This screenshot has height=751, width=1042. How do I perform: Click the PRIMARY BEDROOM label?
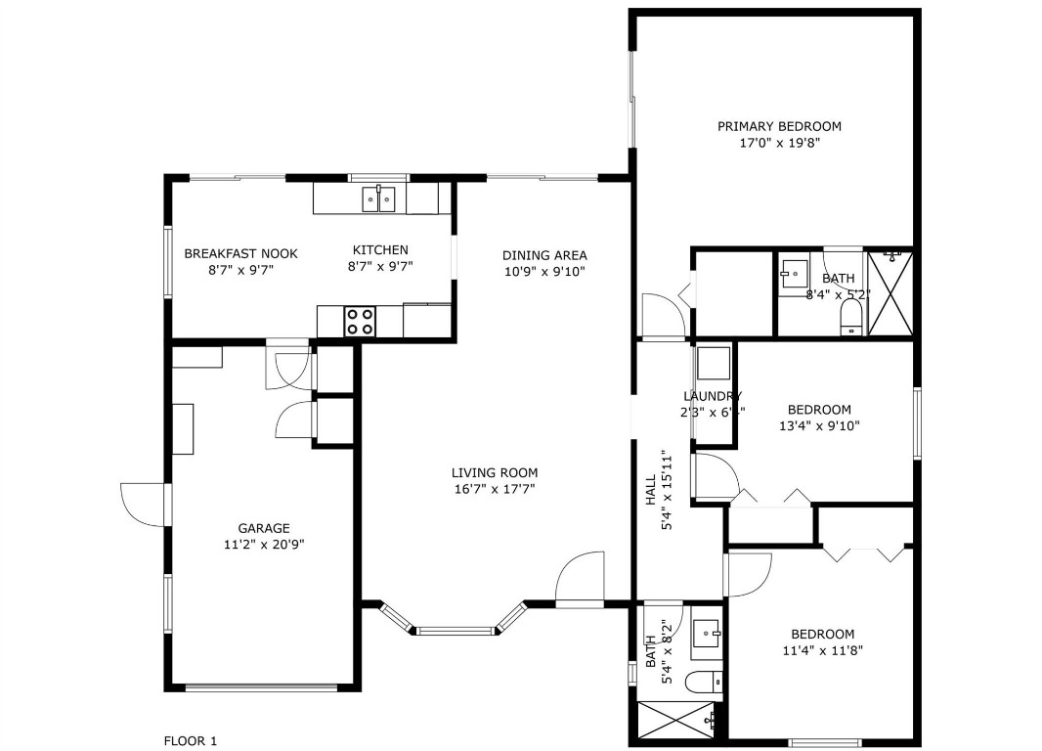[x=779, y=126]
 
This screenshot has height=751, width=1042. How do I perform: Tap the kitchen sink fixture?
[x=379, y=199]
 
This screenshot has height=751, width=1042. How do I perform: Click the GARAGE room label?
[x=264, y=528]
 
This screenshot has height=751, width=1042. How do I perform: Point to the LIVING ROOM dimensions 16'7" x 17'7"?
[x=495, y=489]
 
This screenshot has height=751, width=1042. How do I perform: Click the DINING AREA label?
[x=544, y=255]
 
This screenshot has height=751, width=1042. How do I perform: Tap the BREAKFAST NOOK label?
[x=240, y=253]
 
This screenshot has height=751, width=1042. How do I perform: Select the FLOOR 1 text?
[x=190, y=741]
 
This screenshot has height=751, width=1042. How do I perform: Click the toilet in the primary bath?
[x=852, y=317]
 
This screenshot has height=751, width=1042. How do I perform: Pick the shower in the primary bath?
[x=890, y=293]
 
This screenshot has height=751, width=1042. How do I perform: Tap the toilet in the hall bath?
[x=703, y=682]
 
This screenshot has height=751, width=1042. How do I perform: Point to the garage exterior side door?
[x=145, y=505]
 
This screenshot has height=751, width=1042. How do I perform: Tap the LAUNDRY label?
[x=712, y=396]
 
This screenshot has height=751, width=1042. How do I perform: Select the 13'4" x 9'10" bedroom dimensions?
[x=819, y=426]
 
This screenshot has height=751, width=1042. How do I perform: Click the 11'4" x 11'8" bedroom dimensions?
[x=822, y=650]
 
